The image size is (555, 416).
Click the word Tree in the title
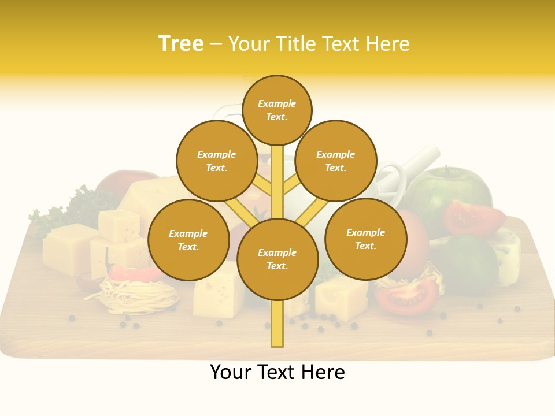pos(181,44)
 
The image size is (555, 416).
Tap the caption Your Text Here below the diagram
pos(277,373)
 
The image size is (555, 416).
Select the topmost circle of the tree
pos(277,110)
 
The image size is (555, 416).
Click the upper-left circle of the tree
pos(217,161)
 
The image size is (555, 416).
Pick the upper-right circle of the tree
pos(336,161)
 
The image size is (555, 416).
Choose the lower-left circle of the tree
pos(188,240)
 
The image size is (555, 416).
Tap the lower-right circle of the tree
pos(365,239)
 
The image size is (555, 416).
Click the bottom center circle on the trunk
pos(277,259)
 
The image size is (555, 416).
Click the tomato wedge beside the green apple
pos(473,217)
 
